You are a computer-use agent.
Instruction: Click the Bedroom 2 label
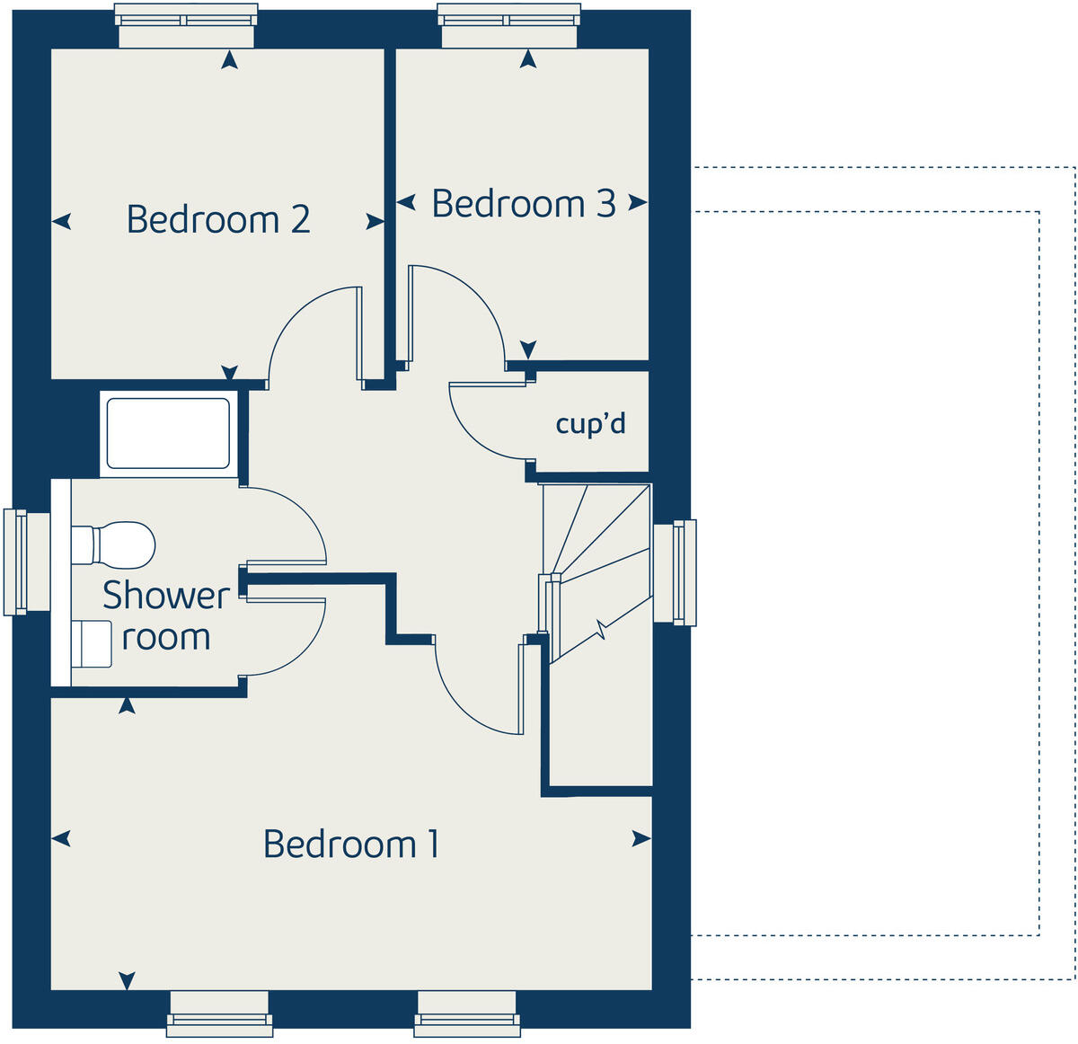[x=218, y=219]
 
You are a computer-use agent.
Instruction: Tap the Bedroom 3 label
[x=524, y=204]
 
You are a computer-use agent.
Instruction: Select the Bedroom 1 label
[x=351, y=844]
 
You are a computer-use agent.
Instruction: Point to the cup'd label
[x=590, y=423]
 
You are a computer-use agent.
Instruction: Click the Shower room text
[x=166, y=616]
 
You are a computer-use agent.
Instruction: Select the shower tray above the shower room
[x=168, y=433]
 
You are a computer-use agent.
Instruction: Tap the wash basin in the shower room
[x=93, y=644]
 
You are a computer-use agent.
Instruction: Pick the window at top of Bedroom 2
[x=187, y=24]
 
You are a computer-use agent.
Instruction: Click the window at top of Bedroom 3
[x=508, y=24]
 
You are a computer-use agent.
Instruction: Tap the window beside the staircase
[x=676, y=572]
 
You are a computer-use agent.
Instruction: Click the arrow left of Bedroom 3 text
[x=406, y=204]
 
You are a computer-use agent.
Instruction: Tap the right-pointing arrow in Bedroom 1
[x=641, y=839]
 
